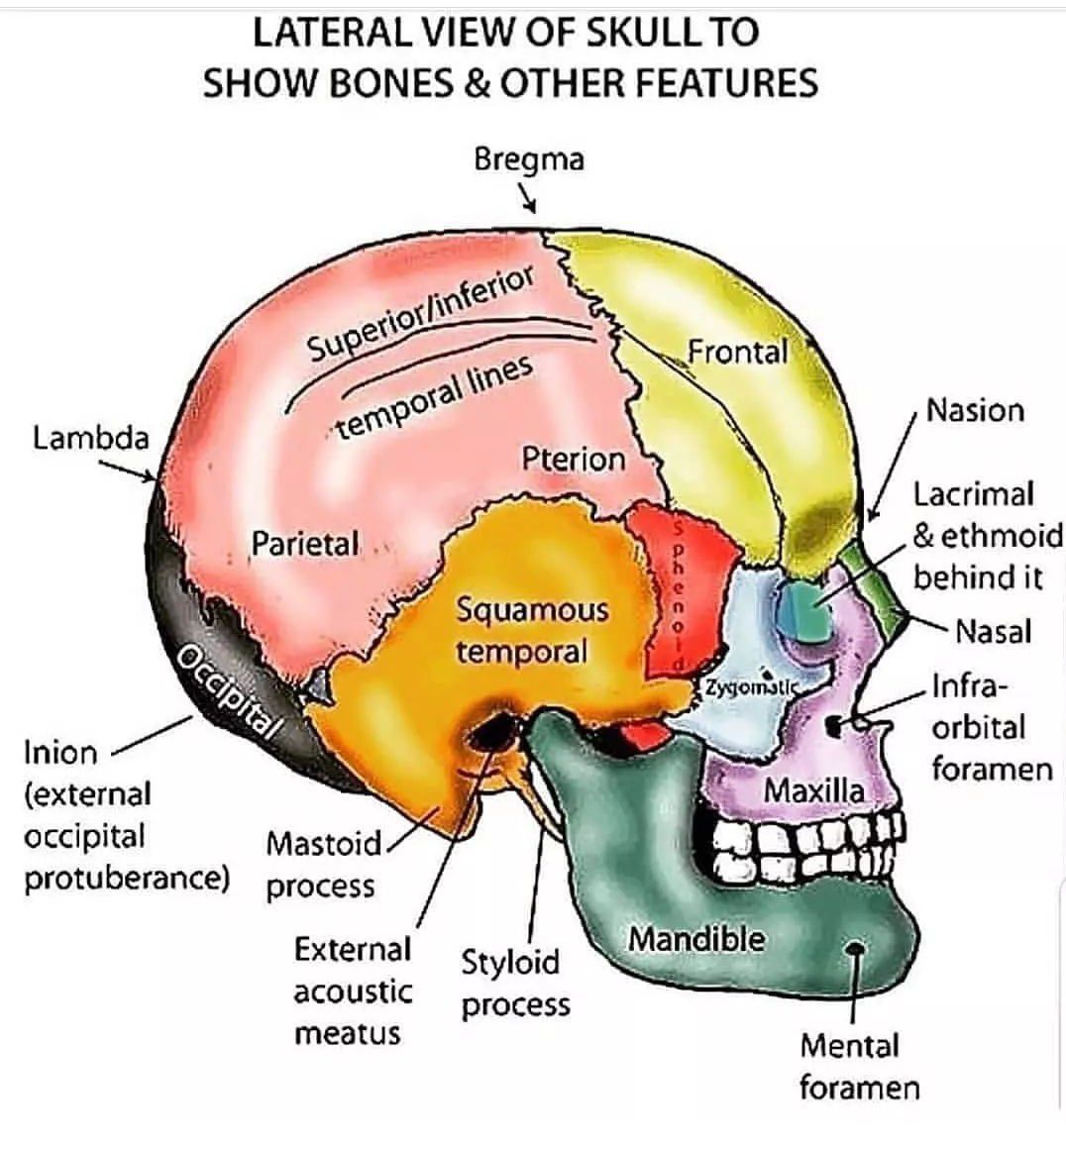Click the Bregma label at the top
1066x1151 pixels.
click(528, 158)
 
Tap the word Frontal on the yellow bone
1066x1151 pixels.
click(737, 352)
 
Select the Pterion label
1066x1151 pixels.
click(574, 459)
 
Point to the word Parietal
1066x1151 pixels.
click(304, 543)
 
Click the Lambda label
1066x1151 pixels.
click(90, 437)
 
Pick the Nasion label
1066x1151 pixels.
click(974, 410)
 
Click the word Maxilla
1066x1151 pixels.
click(813, 790)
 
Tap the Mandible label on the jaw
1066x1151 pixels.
click(696, 938)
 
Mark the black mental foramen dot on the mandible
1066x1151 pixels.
click(856, 950)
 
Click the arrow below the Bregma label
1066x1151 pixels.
click(529, 200)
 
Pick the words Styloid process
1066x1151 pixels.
click(515, 983)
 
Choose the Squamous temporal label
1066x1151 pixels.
click(532, 630)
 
